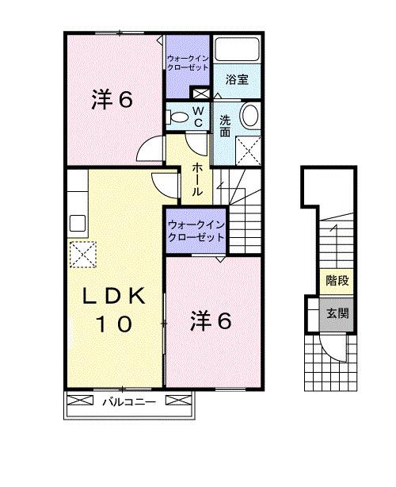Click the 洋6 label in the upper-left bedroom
coord(112,100)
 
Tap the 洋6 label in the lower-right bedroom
coord(211,321)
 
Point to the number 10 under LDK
coord(116,324)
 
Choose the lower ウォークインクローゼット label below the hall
coord(194,231)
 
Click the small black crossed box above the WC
coord(204,94)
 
